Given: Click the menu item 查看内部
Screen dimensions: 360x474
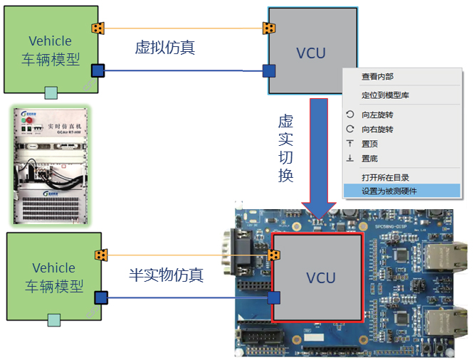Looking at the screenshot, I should tap(377, 77).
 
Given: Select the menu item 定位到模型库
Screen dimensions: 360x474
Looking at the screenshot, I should tap(385, 95).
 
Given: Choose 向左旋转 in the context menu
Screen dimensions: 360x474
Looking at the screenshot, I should tap(377, 115).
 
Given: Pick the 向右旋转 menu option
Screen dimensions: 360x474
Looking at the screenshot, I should tap(377, 129).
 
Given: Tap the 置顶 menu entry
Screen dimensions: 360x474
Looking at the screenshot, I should tap(369, 144).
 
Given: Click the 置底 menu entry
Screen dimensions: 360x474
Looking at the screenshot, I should tap(369, 158).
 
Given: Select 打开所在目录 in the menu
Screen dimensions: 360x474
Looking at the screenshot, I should tap(385, 177).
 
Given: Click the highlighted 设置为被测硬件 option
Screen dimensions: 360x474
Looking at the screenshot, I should tap(389, 191).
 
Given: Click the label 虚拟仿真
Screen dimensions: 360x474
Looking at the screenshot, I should tap(165, 48).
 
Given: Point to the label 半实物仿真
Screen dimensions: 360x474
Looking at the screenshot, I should tap(166, 275).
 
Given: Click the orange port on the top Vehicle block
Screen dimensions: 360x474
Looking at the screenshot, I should tap(98, 28).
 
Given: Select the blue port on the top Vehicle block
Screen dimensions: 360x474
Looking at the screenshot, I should tap(98, 70).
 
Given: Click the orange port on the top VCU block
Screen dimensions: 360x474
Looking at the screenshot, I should tap(269, 28).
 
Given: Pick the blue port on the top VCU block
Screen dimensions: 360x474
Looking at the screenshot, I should tap(269, 70).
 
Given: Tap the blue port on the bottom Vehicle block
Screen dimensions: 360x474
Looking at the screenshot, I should tap(101, 297).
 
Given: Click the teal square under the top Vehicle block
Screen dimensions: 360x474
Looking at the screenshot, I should tap(51, 92).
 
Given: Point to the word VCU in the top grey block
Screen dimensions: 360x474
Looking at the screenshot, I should tap(311, 53).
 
